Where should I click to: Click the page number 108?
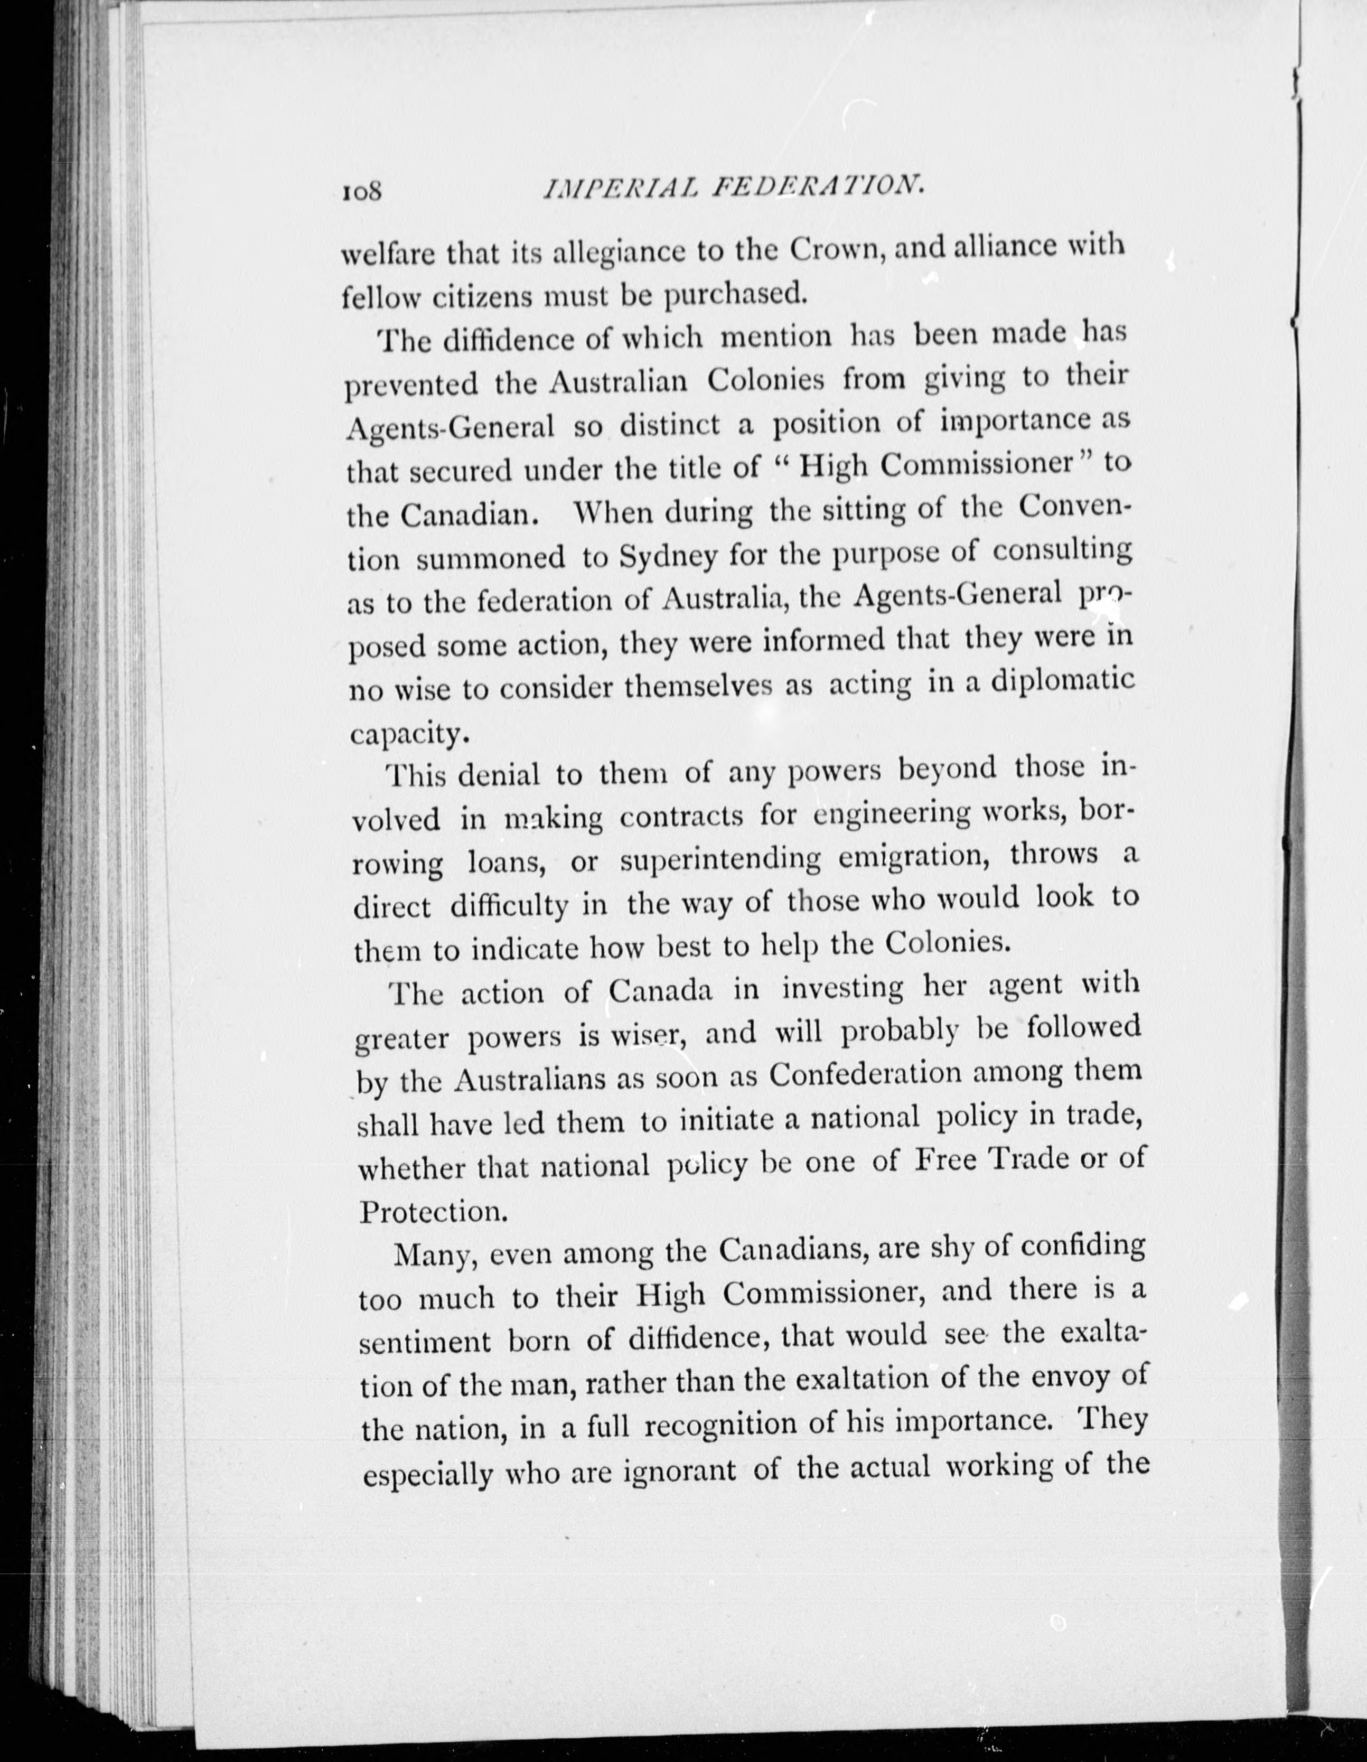[x=365, y=192]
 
